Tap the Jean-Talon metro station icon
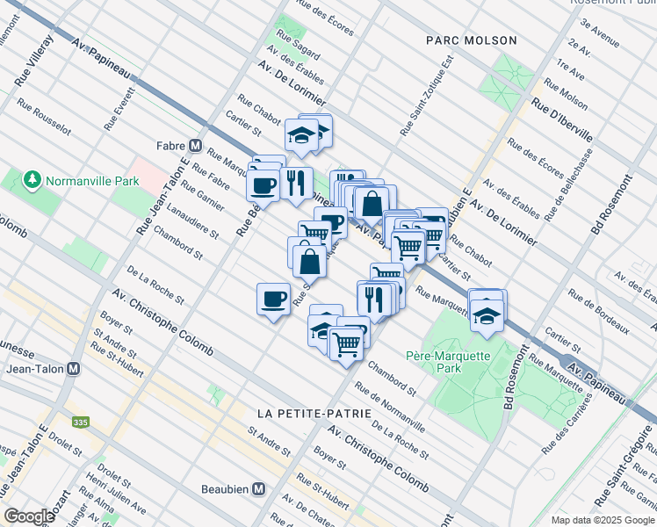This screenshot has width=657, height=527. click(x=74, y=370)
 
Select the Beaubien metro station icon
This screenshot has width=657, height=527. click(x=259, y=488)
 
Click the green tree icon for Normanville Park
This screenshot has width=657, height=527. click(x=33, y=180)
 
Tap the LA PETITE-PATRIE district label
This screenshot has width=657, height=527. click(x=303, y=413)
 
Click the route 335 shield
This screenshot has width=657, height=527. click(x=81, y=422)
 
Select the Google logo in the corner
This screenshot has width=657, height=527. click(x=29, y=516)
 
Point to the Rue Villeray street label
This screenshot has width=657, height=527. click(x=34, y=61)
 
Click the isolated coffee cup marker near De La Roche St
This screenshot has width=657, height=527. click(x=273, y=300)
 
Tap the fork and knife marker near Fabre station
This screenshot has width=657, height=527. click(x=296, y=183)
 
